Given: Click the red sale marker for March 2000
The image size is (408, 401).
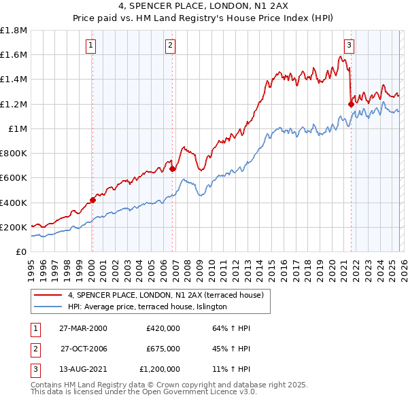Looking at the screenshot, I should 92,200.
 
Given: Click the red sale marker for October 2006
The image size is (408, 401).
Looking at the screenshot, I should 173,169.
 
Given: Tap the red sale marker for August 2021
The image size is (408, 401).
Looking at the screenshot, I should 351,104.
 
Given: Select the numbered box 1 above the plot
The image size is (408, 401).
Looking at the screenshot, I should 90,46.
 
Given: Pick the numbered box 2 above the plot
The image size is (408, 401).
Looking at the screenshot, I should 169,46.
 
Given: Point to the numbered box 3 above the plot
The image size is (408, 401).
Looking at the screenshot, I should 348,46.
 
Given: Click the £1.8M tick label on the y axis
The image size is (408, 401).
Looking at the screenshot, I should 14,31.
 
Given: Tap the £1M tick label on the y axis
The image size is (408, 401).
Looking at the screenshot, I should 18,129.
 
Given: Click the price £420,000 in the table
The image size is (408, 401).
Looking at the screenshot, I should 163,328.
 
